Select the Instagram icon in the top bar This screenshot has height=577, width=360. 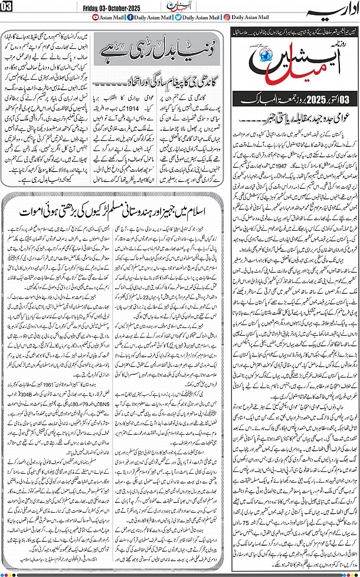click(228, 17)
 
